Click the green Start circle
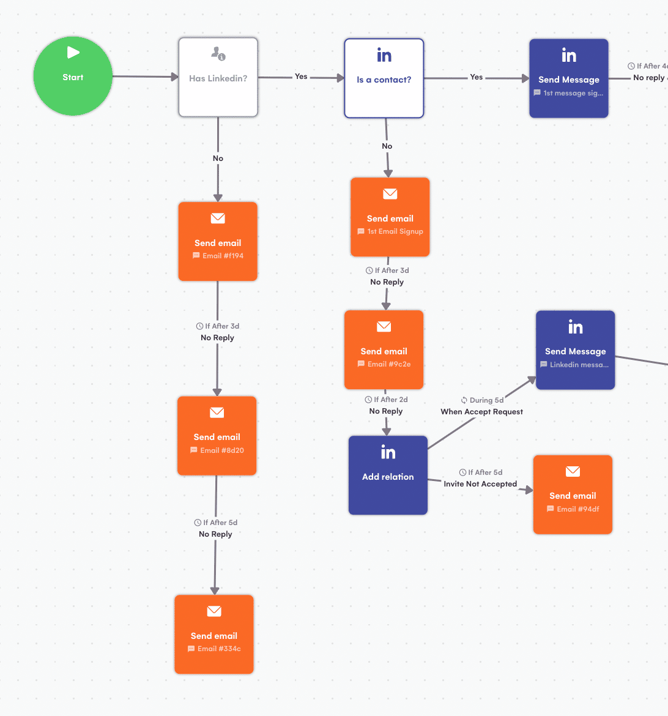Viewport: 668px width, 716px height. click(73, 76)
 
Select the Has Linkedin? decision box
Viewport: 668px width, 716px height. click(218, 78)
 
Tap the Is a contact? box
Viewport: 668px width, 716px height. click(384, 78)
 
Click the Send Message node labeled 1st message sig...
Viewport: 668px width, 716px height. click(568, 78)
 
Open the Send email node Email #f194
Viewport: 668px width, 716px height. click(218, 242)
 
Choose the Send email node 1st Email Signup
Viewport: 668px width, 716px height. click(390, 217)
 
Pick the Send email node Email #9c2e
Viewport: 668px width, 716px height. click(384, 350)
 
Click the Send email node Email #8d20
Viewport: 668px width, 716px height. click(217, 436)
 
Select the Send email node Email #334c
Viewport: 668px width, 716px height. click(213, 635)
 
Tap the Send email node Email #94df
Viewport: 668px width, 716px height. click(573, 494)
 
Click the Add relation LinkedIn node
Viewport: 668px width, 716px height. click(388, 475)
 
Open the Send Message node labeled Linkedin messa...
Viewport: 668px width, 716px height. click(575, 350)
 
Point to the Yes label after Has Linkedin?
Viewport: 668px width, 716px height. click(301, 76)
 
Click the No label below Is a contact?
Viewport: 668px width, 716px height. click(387, 146)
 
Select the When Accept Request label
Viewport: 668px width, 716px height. click(481, 412)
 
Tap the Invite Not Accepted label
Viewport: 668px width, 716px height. click(480, 484)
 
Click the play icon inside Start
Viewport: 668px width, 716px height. click(73, 53)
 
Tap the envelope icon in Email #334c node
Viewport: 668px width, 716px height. click(214, 611)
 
